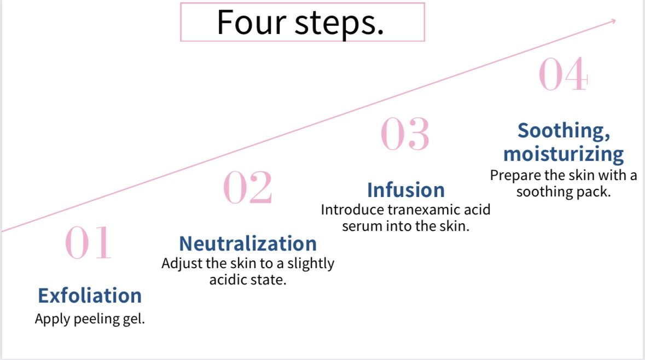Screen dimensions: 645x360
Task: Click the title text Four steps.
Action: tap(300, 23)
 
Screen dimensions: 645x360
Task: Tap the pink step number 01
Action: tap(88, 243)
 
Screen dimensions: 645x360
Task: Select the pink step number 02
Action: tap(248, 188)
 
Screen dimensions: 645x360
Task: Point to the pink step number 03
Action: tap(405, 134)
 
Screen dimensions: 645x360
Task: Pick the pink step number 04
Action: tap(563, 74)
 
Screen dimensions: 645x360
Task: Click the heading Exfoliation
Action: tap(90, 296)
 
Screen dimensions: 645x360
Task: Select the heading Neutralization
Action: tap(248, 243)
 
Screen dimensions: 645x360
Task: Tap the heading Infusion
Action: tap(406, 190)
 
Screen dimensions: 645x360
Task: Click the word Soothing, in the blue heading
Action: tap(564, 131)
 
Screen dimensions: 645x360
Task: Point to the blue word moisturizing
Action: tap(563, 154)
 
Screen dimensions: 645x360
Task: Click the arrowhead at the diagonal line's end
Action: tap(613, 21)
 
